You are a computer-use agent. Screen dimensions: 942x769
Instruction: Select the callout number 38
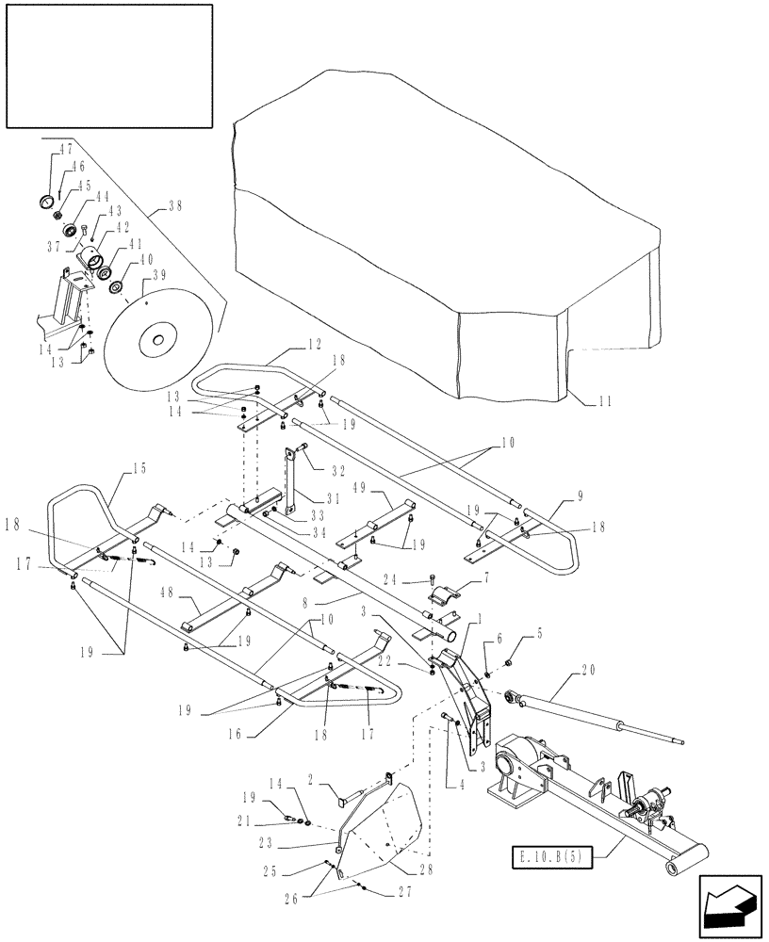175,204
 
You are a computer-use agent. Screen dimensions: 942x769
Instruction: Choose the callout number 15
139,467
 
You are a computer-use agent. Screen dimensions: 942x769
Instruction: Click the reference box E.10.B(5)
548,858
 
